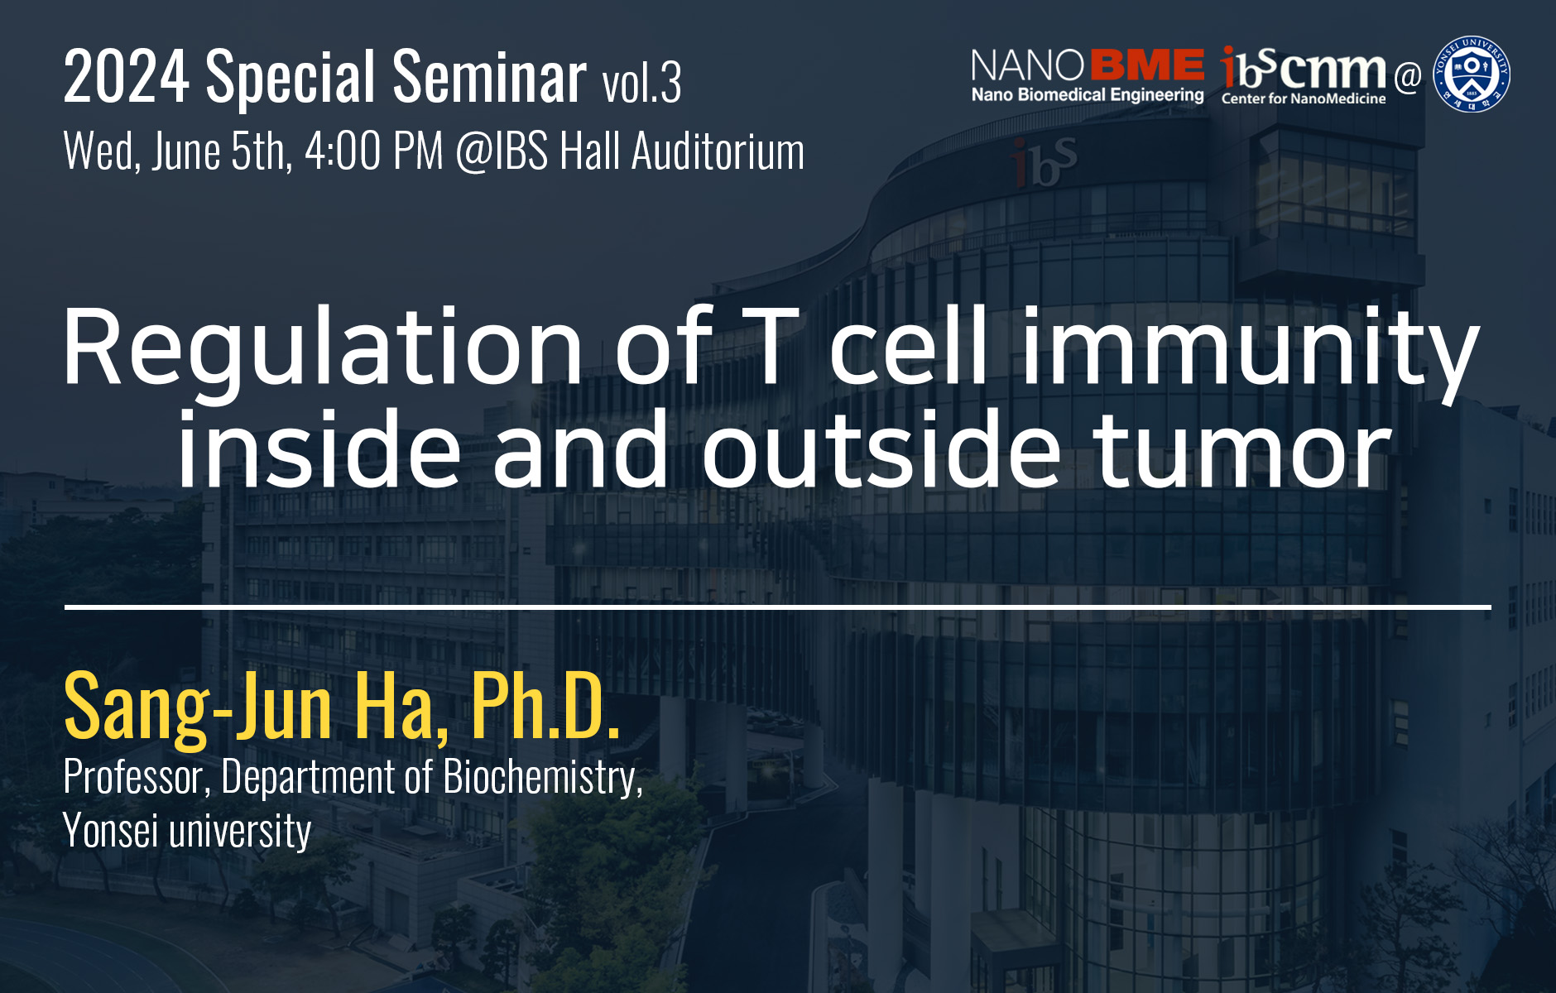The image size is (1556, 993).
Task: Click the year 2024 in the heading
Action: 126,77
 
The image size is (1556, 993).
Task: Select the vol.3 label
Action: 641,83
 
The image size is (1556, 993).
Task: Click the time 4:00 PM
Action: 374,151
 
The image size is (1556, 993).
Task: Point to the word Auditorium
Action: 718,151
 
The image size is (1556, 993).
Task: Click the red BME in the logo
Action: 1148,65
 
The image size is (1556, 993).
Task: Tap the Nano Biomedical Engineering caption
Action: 1088,94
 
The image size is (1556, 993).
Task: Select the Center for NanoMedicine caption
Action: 1304,98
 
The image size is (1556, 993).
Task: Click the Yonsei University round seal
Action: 1472,74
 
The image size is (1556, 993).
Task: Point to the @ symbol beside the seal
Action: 1407,77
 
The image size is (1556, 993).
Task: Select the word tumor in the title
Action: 1242,452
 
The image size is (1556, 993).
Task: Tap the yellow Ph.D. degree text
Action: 545,704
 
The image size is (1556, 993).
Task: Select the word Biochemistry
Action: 543,778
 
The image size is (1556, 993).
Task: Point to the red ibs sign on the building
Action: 1045,162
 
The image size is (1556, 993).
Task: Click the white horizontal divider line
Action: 778,607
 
